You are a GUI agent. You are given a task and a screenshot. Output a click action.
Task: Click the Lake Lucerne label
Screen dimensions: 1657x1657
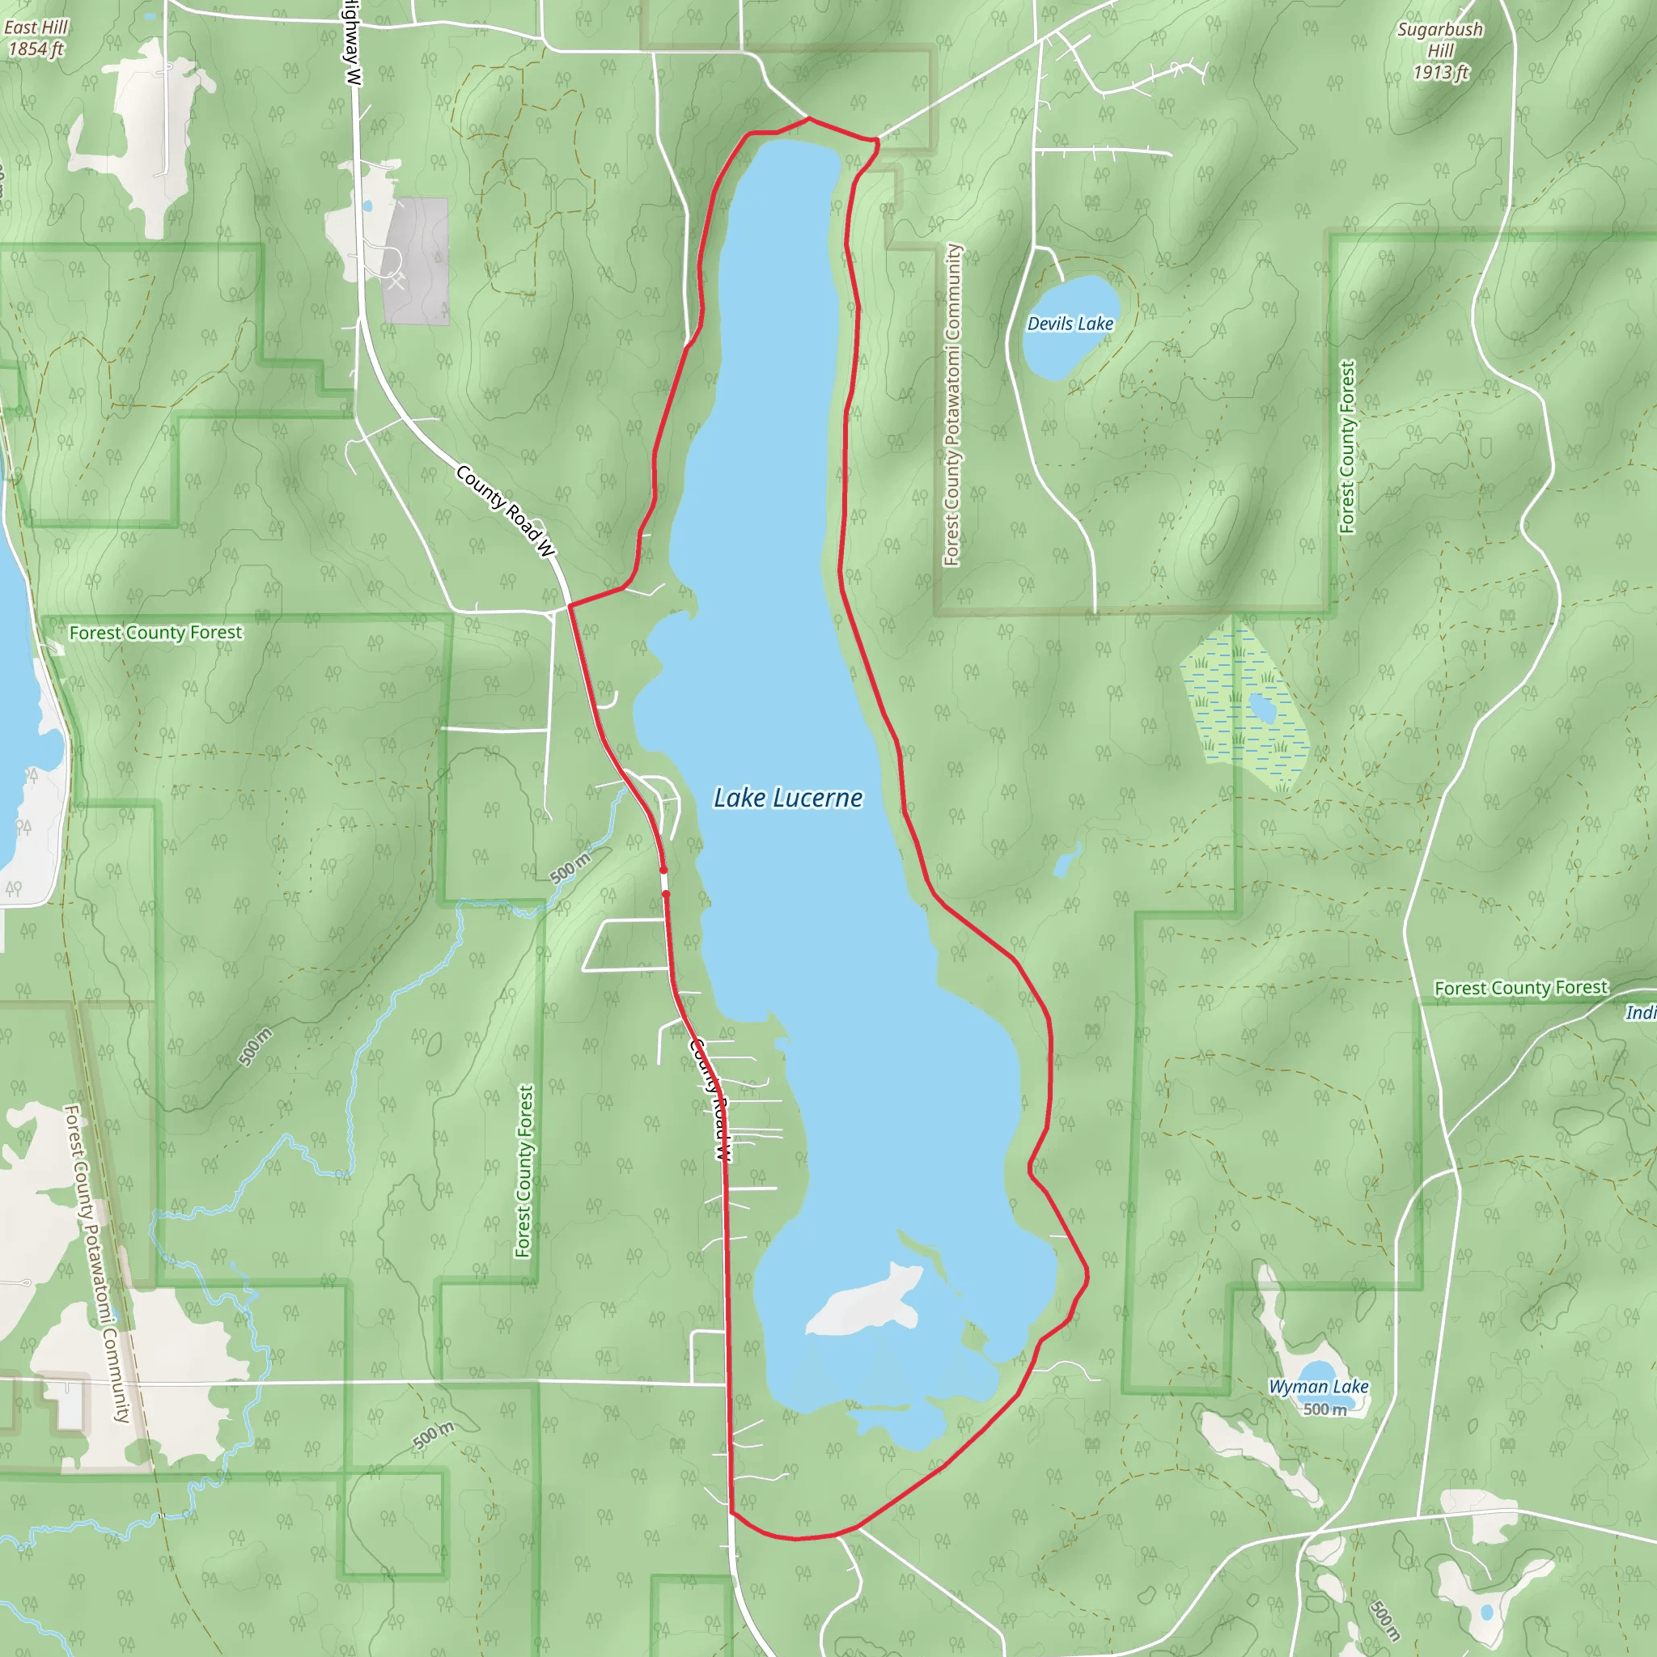[787, 799]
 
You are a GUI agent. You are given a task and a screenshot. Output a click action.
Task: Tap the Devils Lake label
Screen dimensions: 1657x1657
[1070, 324]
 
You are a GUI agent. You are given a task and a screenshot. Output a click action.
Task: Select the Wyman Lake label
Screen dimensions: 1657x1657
[1318, 1387]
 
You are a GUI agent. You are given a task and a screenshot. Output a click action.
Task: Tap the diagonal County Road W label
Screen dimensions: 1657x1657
[506, 511]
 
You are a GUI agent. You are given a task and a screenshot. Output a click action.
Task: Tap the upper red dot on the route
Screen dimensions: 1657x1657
[663, 871]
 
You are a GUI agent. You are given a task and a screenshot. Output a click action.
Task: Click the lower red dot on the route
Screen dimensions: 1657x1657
[666, 895]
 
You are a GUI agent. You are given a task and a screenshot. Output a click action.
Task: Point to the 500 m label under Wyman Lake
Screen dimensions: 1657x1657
[1324, 1409]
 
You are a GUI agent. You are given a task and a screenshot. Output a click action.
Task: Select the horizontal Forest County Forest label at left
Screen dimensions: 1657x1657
[155, 633]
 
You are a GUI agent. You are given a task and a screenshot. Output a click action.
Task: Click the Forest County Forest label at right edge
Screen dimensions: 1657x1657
[1520, 988]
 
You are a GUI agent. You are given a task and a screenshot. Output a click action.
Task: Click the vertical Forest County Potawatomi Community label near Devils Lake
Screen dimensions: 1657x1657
[952, 405]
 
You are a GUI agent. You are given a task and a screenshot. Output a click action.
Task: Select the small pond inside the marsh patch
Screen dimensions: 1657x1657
[1261, 709]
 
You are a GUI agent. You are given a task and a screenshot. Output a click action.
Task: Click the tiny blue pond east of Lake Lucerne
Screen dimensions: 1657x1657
[1066, 862]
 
